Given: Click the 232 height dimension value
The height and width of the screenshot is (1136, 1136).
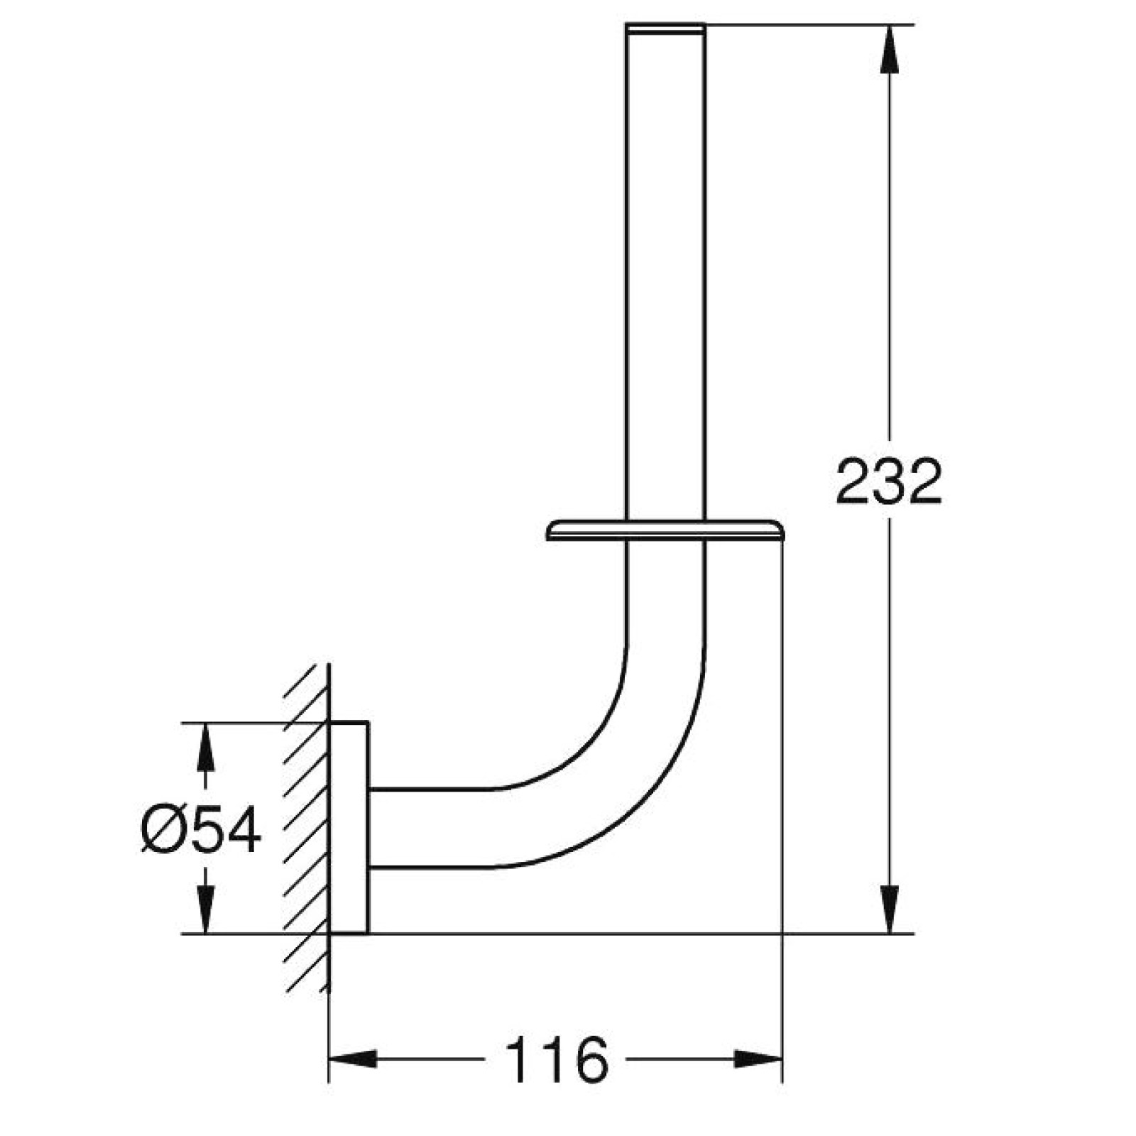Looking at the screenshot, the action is point(888,482).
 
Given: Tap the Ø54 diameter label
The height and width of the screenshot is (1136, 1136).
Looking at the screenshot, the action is point(201,831).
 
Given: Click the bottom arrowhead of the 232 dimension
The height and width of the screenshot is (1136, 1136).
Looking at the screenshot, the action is point(889,910).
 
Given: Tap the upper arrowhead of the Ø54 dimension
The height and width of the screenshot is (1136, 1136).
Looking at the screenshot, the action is point(205,746).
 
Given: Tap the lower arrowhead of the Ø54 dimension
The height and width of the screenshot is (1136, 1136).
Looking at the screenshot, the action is point(205,910).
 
